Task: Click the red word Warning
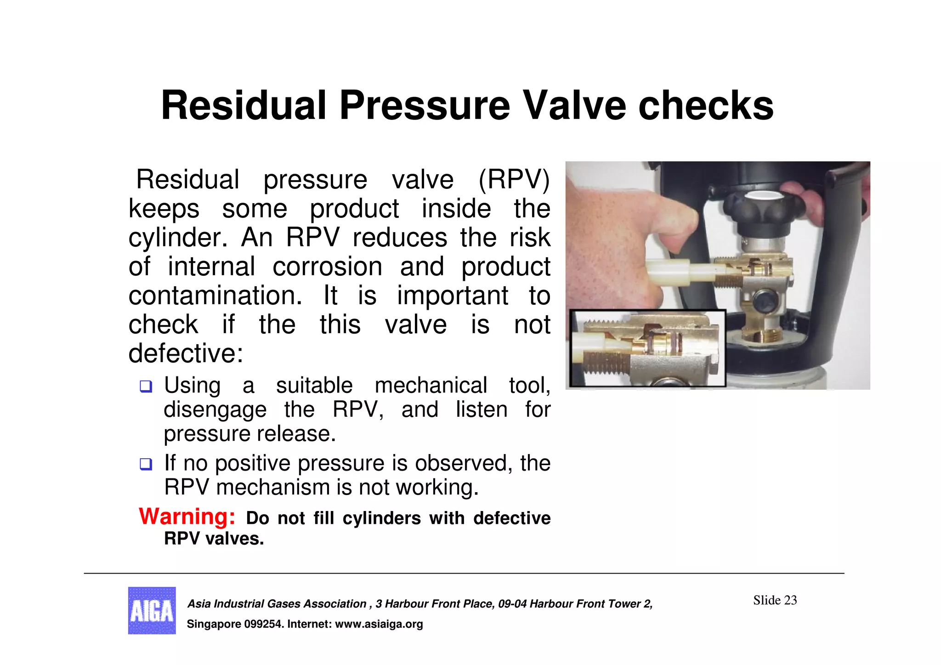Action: [x=187, y=517]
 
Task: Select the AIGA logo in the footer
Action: [x=152, y=610]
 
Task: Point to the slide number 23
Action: [x=790, y=600]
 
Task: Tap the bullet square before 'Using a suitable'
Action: [x=146, y=386]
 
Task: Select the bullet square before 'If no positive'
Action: [x=146, y=464]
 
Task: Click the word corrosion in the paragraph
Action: [x=327, y=267]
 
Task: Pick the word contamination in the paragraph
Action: [x=215, y=296]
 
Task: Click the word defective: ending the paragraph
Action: [x=186, y=354]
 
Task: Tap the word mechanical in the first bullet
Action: [x=431, y=385]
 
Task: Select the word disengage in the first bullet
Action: [x=215, y=410]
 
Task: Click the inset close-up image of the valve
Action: [x=647, y=348]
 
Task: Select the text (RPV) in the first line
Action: [x=514, y=179]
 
